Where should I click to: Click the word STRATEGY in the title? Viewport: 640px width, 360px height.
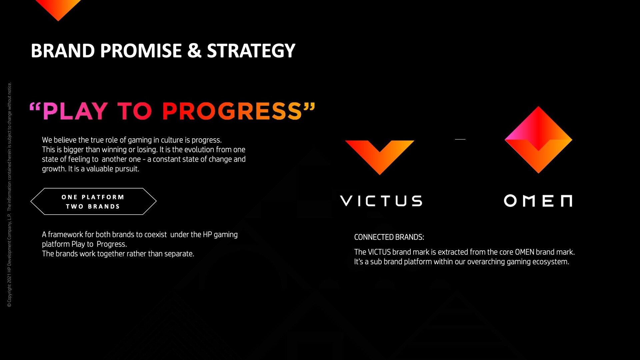pyautogui.click(x=251, y=51)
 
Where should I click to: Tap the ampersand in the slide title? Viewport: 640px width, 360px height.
pyautogui.click(x=194, y=51)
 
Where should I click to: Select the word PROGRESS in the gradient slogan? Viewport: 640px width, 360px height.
pyautogui.click(x=232, y=111)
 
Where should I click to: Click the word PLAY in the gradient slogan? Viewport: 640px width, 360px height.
pyautogui.click(x=75, y=111)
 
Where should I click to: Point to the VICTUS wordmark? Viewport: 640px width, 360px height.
pyautogui.click(x=381, y=201)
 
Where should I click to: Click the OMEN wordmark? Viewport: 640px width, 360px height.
pyautogui.click(x=538, y=201)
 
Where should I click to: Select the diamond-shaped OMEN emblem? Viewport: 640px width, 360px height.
pyautogui.click(x=538, y=140)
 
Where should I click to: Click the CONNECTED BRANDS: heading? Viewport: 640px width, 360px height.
pyautogui.click(x=389, y=237)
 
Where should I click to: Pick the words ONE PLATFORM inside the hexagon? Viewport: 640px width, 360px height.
pyautogui.click(x=93, y=197)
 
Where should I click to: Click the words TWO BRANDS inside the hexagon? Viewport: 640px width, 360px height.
pyautogui.click(x=93, y=206)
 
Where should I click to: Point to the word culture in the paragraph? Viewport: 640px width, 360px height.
pyautogui.click(x=172, y=140)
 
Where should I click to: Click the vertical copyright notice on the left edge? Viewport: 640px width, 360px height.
pyautogui.click(x=9, y=195)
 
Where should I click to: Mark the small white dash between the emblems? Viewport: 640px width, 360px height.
pyautogui.click(x=460, y=139)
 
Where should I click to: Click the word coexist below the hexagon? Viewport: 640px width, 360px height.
pyautogui.click(x=155, y=235)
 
